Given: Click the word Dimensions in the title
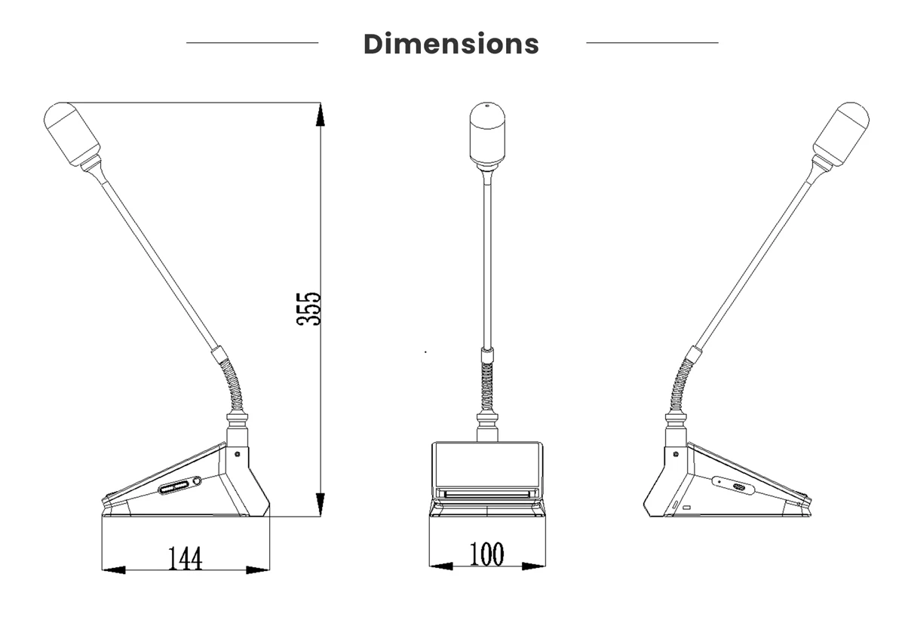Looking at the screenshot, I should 451,44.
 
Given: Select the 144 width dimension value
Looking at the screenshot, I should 185,559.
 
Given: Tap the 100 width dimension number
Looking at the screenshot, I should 486,554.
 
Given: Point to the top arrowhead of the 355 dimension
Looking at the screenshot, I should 321,115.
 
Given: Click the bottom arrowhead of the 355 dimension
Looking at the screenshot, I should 321,505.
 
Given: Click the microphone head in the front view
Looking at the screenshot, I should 487,134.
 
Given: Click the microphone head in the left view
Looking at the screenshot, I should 72,134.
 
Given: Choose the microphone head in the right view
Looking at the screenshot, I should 841,134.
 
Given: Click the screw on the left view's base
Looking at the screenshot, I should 238,454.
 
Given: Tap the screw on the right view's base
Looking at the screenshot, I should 675,454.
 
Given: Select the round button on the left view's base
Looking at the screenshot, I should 198,481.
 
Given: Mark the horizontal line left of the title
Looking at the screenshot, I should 252,43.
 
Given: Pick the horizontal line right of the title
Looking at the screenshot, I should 652,43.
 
